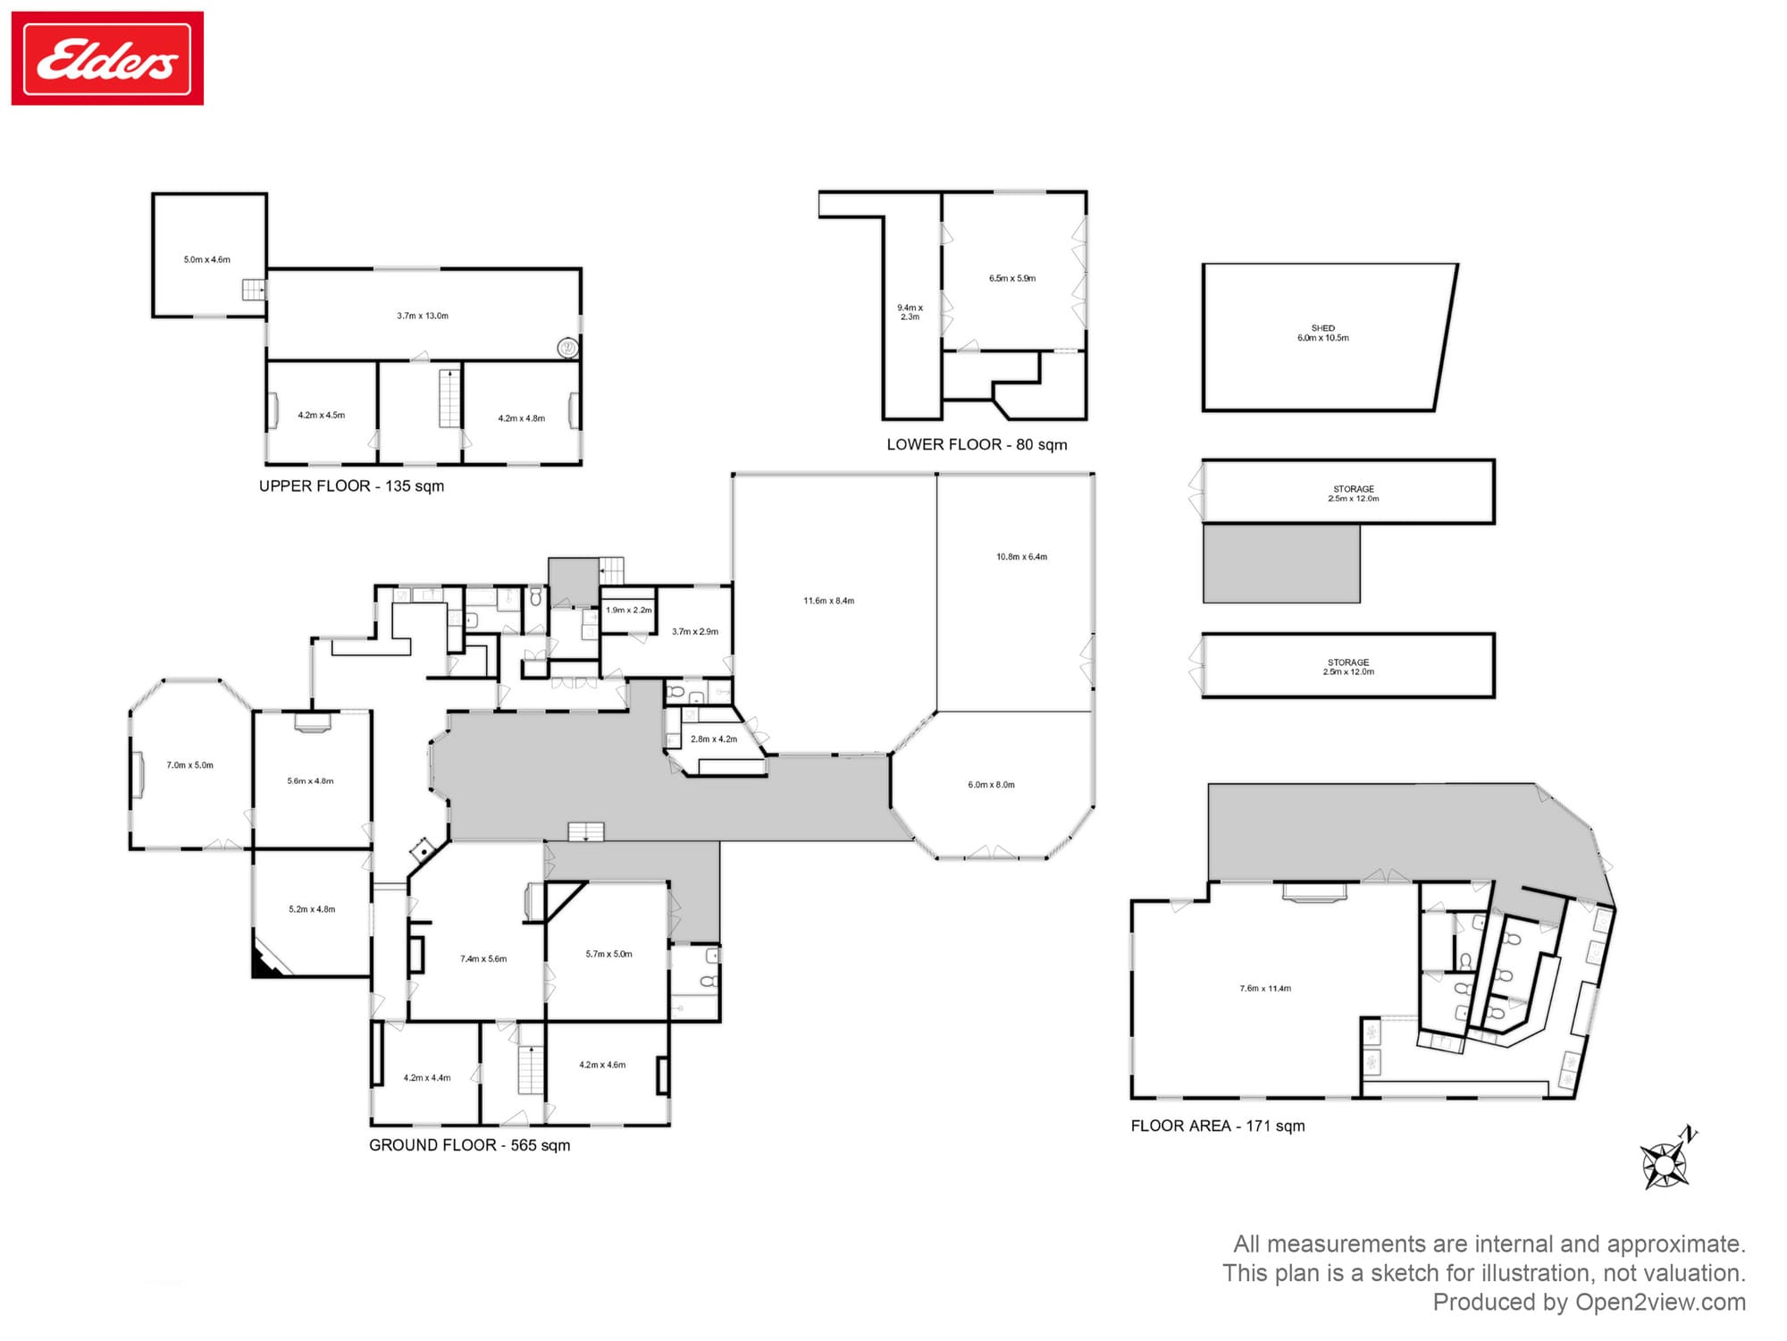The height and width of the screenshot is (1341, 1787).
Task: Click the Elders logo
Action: click(107, 58)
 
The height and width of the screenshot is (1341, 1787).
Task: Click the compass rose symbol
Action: click(1666, 1160)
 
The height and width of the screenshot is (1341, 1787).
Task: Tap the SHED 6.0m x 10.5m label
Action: click(1323, 333)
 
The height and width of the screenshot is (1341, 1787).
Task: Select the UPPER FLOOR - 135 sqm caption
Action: click(351, 486)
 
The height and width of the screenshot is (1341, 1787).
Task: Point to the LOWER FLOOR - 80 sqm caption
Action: click(977, 444)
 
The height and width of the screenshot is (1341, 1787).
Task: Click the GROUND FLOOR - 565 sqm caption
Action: click(469, 1145)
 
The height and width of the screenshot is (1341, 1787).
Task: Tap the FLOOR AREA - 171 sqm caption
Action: click(1218, 1126)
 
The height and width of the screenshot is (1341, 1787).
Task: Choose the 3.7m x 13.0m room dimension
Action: click(423, 316)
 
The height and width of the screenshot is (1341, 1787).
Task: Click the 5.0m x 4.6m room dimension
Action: click(207, 260)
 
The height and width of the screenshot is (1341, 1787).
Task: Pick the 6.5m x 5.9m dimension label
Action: click(1012, 278)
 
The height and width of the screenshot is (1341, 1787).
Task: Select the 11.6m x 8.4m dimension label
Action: click(829, 601)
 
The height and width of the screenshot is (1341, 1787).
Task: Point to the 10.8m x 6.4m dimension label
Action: click(1022, 557)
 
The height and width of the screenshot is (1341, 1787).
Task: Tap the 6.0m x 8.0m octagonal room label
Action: click(992, 785)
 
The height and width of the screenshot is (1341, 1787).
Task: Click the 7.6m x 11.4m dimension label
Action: click(1265, 989)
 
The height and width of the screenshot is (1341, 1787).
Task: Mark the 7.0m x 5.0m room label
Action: click(190, 765)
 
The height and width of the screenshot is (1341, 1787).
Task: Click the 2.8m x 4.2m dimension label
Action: click(714, 739)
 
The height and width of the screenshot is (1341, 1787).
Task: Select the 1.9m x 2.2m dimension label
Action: click(629, 610)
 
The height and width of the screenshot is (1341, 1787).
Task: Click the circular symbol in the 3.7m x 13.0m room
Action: click(567, 348)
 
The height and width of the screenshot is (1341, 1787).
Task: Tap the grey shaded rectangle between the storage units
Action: click(1281, 563)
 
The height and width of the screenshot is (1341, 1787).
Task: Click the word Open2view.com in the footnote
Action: click(1660, 1302)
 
